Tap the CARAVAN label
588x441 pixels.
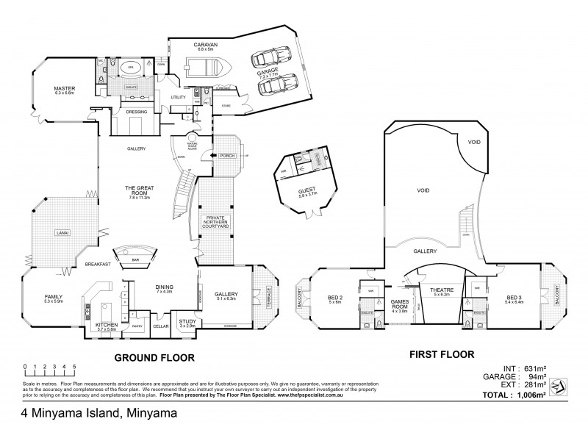(x=204, y=44)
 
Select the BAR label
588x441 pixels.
(x=135, y=259)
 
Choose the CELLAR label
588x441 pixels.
(x=160, y=326)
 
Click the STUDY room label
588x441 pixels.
(x=187, y=320)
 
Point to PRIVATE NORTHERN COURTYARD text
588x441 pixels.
(x=216, y=222)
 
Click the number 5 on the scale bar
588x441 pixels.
(x=74, y=365)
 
